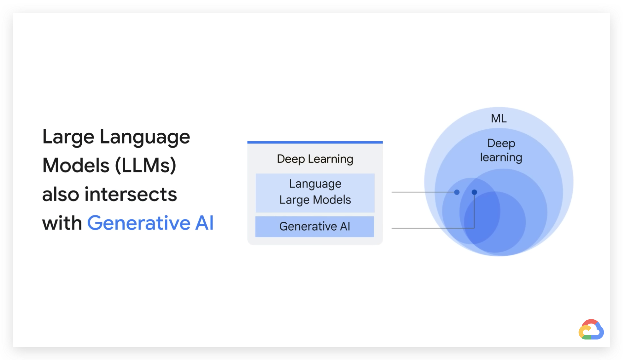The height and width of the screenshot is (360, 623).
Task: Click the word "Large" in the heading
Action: [68, 137]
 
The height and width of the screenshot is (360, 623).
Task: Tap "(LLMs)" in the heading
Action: [145, 165]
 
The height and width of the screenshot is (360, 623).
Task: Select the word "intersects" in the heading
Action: [131, 194]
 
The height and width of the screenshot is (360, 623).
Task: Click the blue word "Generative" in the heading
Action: [139, 223]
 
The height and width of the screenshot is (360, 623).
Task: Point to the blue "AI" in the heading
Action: [204, 223]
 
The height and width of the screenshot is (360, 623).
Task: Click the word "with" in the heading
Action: [62, 223]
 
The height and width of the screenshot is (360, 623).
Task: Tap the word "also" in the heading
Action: [61, 194]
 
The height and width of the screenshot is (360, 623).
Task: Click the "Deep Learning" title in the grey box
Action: [315, 159]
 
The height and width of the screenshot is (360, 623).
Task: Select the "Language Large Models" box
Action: [315, 193]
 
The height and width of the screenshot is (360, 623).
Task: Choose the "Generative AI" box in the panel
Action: [315, 227]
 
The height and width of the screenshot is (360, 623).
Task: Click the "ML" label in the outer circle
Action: [499, 118]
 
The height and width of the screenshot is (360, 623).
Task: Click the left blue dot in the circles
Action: [457, 192]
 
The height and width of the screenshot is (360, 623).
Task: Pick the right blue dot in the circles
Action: [474, 192]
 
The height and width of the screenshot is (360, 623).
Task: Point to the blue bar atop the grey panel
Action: [315, 142]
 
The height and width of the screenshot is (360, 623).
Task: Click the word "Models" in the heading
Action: [76, 165]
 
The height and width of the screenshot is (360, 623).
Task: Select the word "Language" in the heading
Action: [145, 137]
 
